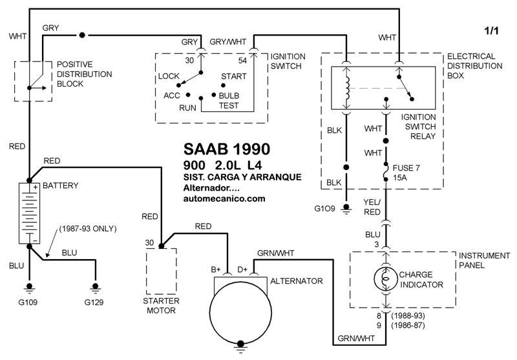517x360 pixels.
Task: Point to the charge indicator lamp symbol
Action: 385,280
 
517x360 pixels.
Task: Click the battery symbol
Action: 29,214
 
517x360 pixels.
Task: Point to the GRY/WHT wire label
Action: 228,41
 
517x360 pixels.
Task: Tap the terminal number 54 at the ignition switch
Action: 243,60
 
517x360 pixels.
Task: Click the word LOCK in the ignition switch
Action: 169,77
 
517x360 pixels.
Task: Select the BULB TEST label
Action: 229,101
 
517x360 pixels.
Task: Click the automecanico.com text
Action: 224,199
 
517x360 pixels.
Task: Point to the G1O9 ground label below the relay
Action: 326,209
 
